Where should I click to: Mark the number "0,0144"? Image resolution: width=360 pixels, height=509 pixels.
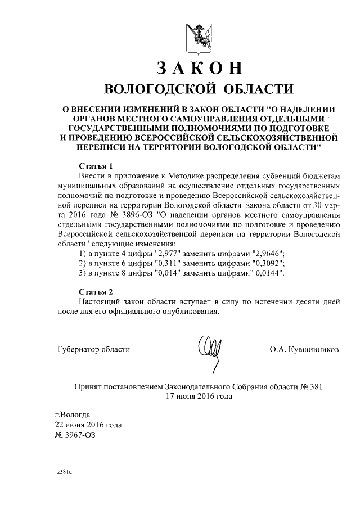[268, 273]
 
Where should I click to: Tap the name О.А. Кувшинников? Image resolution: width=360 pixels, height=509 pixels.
[304, 349]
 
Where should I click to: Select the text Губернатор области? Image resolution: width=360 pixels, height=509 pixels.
[94, 349]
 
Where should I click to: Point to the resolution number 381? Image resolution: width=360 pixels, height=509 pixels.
[317, 386]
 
